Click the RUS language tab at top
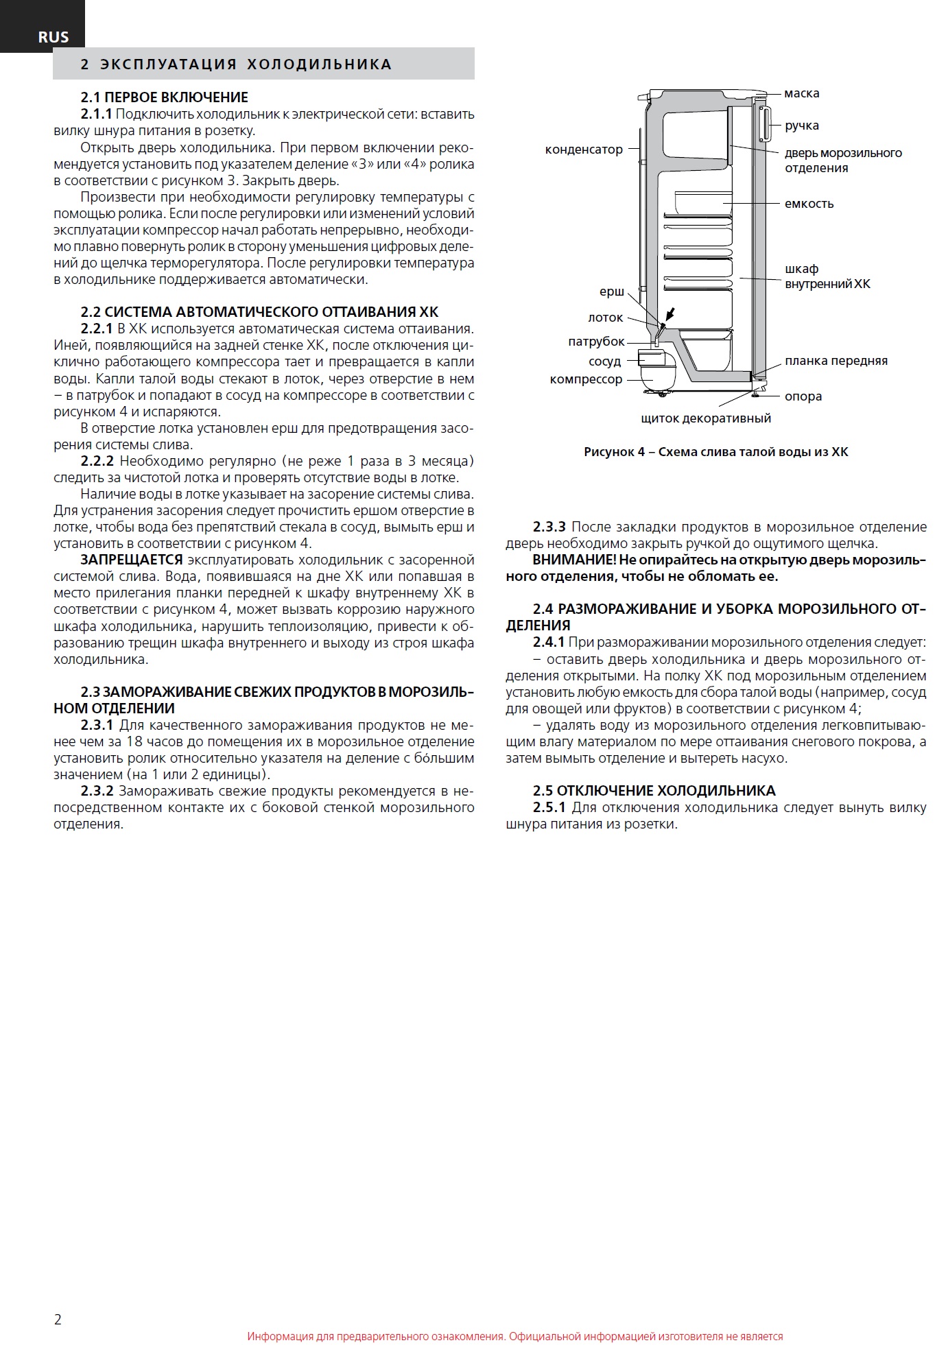pos(53,38)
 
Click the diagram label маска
pos(801,93)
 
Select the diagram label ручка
pos(801,126)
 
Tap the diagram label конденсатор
pos(584,150)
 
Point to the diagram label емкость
pos(809,204)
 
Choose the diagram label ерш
pos(611,292)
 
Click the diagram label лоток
pos(605,318)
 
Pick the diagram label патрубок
pos(596,342)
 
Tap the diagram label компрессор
pos(586,379)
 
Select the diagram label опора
pos(803,396)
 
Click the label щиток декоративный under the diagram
pos(705,418)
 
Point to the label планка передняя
pos(836,361)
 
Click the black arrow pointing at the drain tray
pos(670,315)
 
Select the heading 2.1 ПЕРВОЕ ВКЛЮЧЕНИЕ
pos(164,97)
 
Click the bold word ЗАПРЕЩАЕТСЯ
pos(131,560)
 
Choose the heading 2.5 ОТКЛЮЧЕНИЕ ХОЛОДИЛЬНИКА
pos(654,791)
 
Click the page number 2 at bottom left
pos(58,1320)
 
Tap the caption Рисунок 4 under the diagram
pos(715,452)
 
